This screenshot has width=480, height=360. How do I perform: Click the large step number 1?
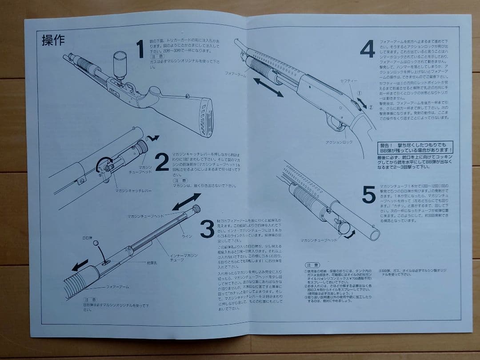click(140, 49)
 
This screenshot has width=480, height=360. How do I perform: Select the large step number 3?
click(207, 229)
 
